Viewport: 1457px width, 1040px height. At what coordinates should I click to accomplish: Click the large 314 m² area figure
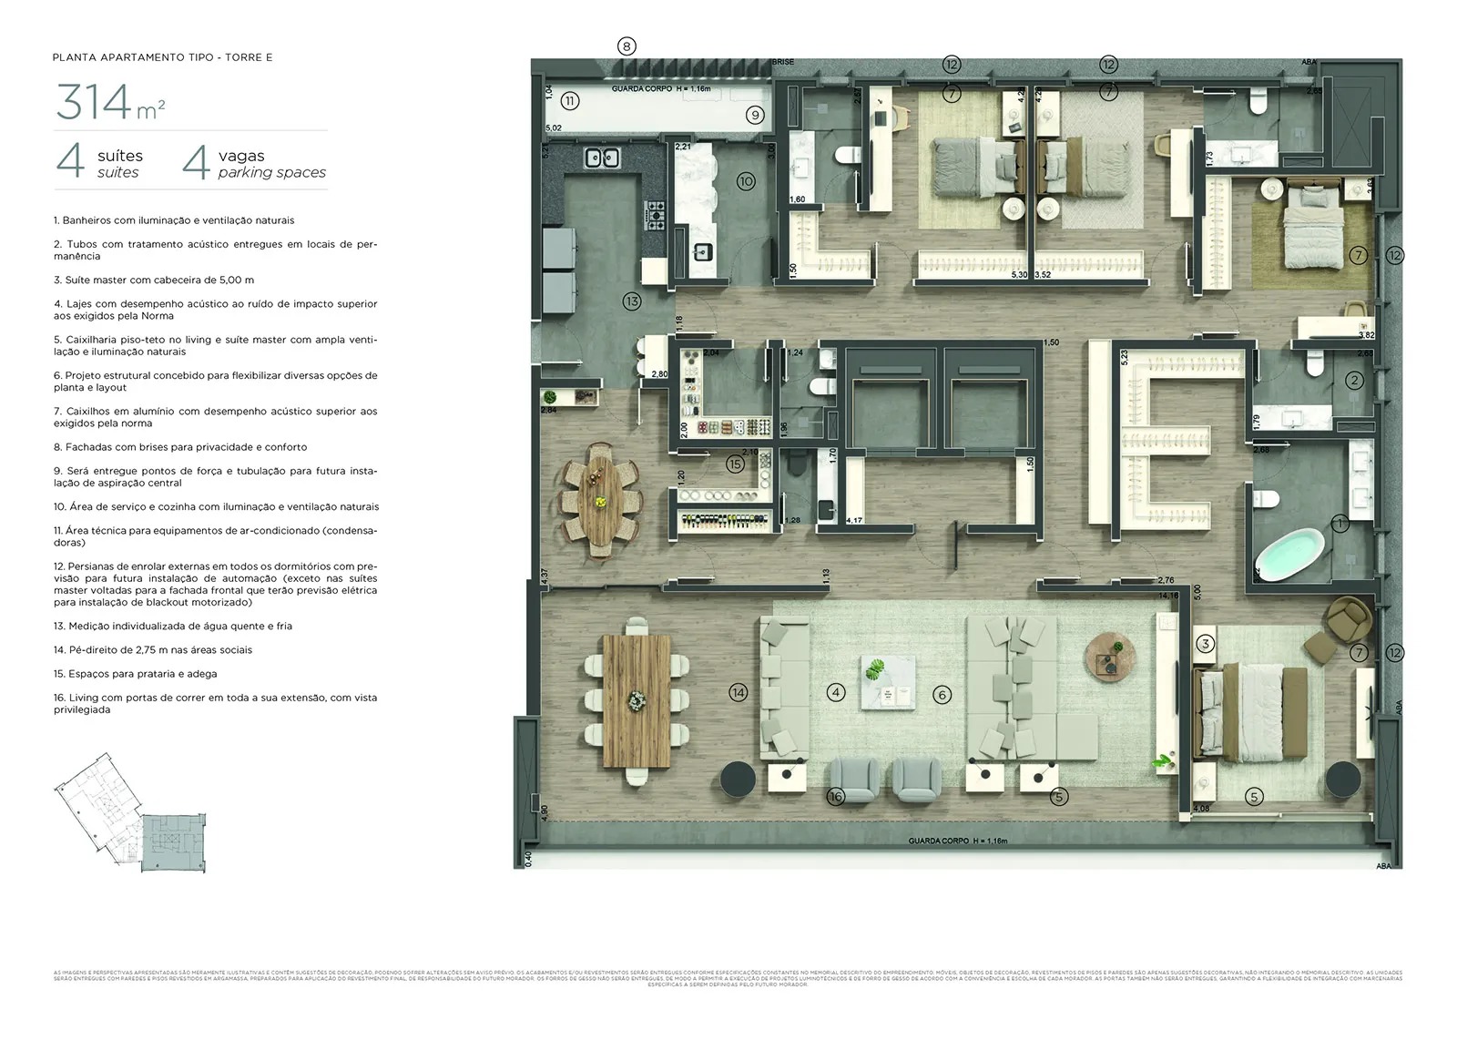pos(110,102)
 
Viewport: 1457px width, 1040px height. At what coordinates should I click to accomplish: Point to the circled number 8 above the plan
pos(626,46)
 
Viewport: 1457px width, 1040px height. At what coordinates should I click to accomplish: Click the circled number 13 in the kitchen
pos(631,301)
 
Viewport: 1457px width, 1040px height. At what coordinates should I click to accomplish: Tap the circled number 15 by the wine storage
pos(735,464)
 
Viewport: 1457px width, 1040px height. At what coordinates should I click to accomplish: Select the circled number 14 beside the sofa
pos(739,692)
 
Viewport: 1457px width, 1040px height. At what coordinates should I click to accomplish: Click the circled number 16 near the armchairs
pos(835,796)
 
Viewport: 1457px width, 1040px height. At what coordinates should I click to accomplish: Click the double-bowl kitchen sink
pos(601,158)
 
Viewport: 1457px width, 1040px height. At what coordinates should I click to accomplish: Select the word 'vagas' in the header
pos(241,156)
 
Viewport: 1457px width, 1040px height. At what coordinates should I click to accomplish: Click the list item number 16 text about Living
pos(215,703)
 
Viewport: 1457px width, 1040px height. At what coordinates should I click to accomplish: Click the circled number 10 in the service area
pos(746,181)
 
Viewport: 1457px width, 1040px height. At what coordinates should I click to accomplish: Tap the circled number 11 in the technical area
pos(570,100)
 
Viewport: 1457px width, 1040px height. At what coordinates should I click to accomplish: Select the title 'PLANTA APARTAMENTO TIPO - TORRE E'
pos(163,57)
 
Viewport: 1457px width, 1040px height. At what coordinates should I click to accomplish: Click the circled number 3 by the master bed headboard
pos(1205,643)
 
